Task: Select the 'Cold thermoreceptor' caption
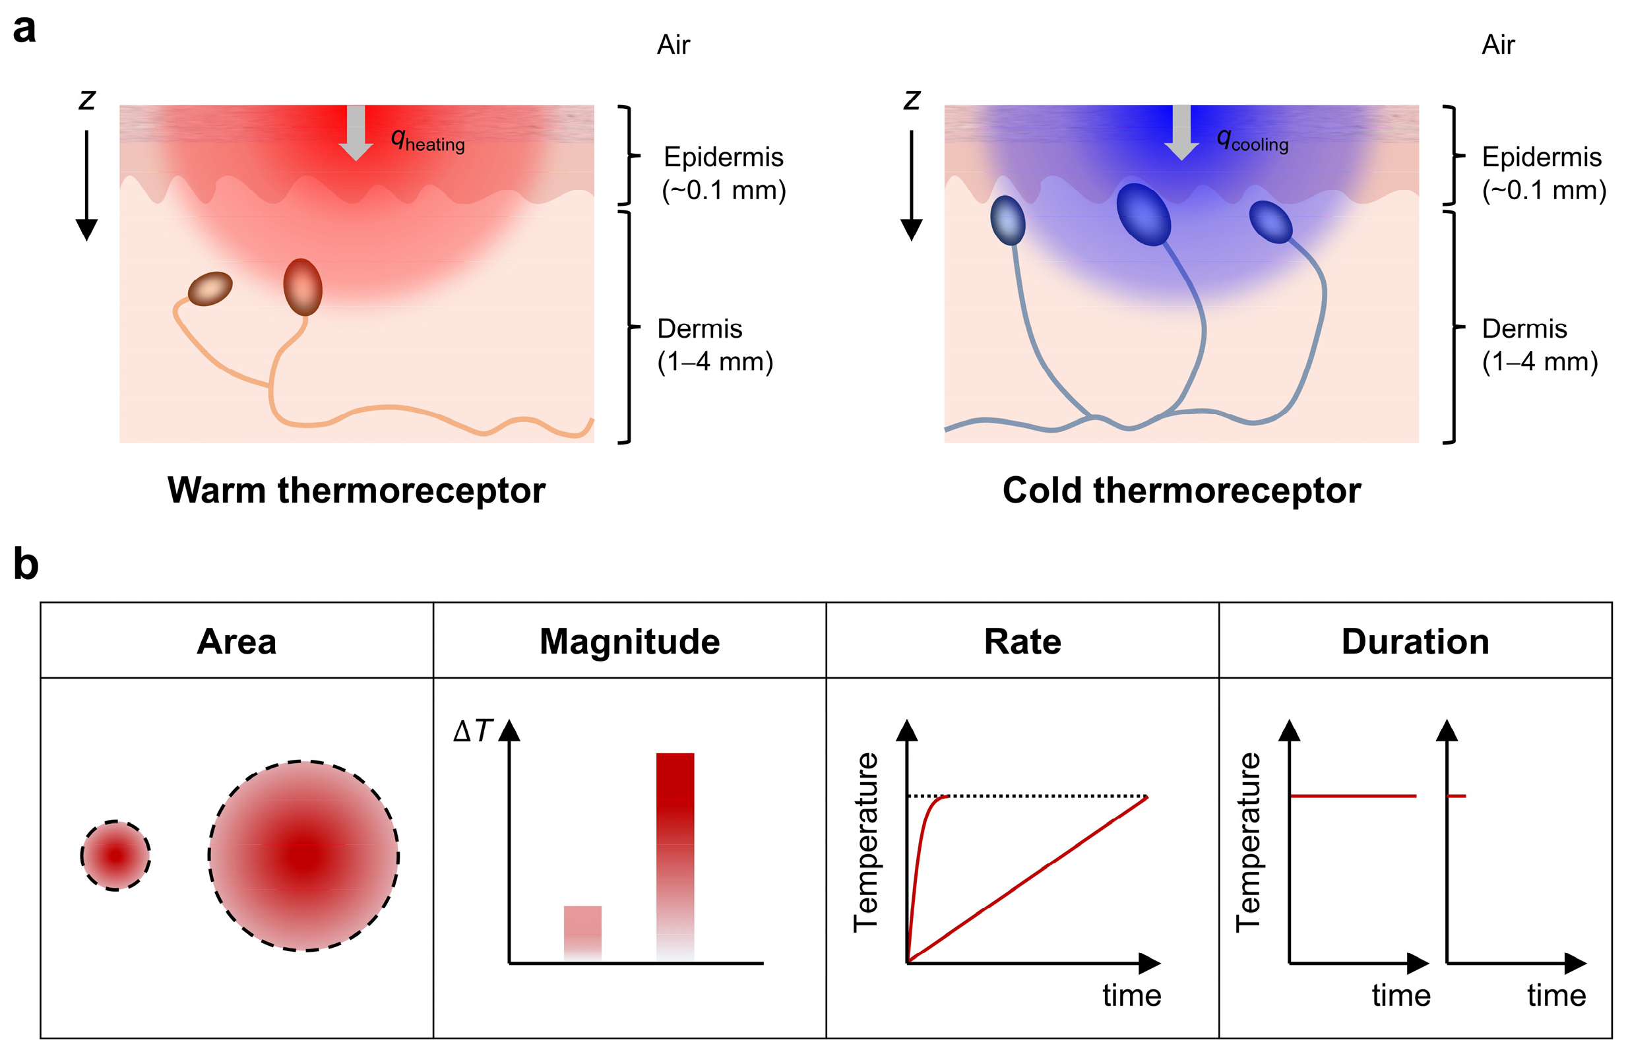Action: click(x=1181, y=490)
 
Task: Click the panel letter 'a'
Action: click(x=24, y=29)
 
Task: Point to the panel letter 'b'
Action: click(x=25, y=565)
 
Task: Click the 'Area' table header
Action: click(x=237, y=642)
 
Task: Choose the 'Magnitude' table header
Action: click(x=629, y=642)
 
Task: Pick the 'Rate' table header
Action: click(x=1022, y=642)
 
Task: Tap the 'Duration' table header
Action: click(x=1416, y=642)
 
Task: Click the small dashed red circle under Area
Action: click(x=115, y=855)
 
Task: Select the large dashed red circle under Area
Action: click(x=303, y=855)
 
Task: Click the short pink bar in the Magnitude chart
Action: click(x=582, y=932)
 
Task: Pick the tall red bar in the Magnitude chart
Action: click(x=675, y=855)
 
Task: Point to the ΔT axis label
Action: click(x=472, y=731)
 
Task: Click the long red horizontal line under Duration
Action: click(x=1352, y=795)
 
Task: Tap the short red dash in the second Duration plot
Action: click(x=1456, y=795)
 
